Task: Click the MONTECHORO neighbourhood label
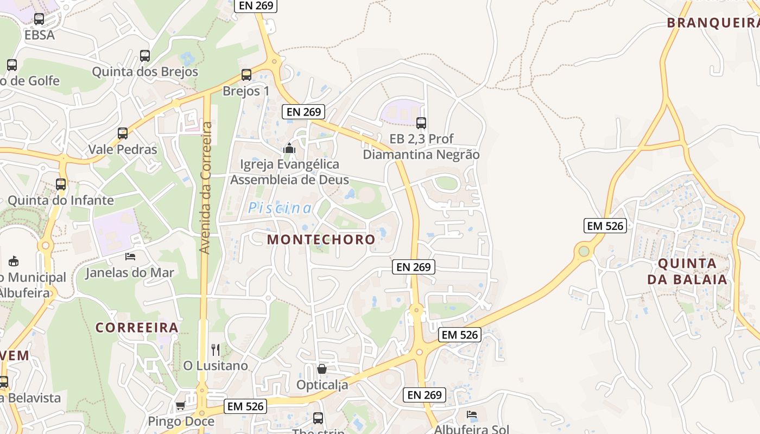[321, 239]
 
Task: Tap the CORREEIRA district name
[137, 327]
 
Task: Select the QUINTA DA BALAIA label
[687, 271]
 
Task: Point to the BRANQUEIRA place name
[712, 23]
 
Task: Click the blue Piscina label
[280, 208]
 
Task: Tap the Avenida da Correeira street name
[205, 188]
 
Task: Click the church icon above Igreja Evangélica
[289, 148]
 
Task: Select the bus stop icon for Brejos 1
[246, 75]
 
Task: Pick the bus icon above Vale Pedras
[123, 133]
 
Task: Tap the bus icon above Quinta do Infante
[61, 184]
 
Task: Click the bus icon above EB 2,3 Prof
[421, 123]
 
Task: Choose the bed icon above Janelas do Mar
[130, 256]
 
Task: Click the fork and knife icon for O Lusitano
[216, 349]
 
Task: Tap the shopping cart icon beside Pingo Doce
[180, 405]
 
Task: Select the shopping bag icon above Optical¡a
[322, 369]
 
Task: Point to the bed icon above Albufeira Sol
[472, 414]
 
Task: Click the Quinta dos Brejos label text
[145, 72]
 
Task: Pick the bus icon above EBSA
[39, 19]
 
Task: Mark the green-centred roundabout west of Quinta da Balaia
[584, 251]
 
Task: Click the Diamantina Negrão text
[421, 155]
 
